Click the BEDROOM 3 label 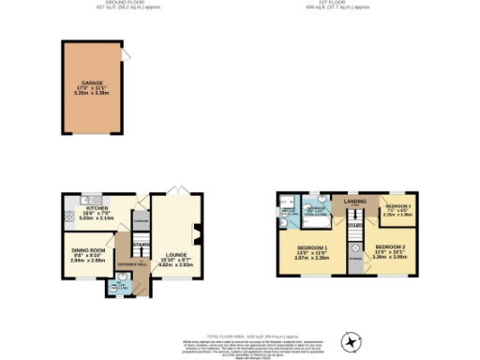pos(398,206)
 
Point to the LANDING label pos(354,201)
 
